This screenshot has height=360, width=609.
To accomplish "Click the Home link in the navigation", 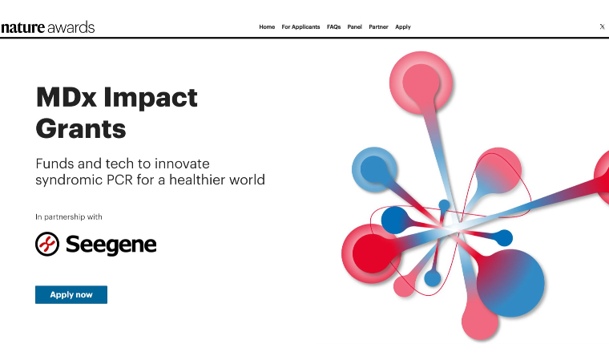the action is click(267, 26).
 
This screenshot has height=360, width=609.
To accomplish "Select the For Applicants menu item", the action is click(300, 26).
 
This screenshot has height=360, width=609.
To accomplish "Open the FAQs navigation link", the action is click(333, 26).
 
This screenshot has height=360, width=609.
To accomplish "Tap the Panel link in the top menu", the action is click(355, 26).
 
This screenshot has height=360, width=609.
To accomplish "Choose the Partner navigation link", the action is click(379, 26).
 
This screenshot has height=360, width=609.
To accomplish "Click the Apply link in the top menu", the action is click(403, 26).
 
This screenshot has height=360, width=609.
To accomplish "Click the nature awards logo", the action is click(48, 27).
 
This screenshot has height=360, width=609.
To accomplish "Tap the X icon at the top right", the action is click(602, 26).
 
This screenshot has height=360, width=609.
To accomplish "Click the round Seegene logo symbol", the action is click(47, 245).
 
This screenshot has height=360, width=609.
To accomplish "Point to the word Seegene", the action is click(111, 245).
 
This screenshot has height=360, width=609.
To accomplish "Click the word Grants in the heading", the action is click(81, 128).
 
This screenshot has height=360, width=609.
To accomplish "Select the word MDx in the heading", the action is click(66, 97).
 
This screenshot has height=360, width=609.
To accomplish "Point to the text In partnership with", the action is click(69, 217).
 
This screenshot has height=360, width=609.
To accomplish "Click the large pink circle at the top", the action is click(421, 83).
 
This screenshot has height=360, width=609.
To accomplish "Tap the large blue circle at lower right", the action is click(511, 283).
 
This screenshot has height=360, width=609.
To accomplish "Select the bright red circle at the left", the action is click(372, 253).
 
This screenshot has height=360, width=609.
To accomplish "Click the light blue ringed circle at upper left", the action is click(374, 169).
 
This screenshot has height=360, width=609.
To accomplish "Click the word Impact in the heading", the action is click(151, 98).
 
